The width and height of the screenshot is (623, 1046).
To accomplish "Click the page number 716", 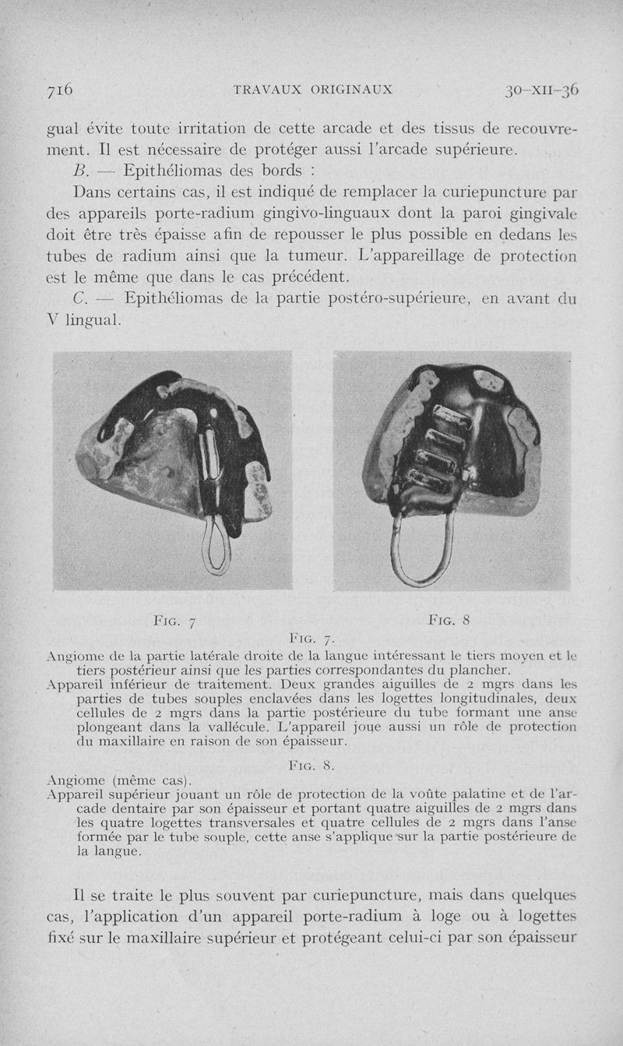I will (60, 90).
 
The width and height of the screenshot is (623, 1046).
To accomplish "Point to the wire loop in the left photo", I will (216, 544).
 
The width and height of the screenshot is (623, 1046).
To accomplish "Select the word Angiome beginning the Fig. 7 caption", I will (72, 656).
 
